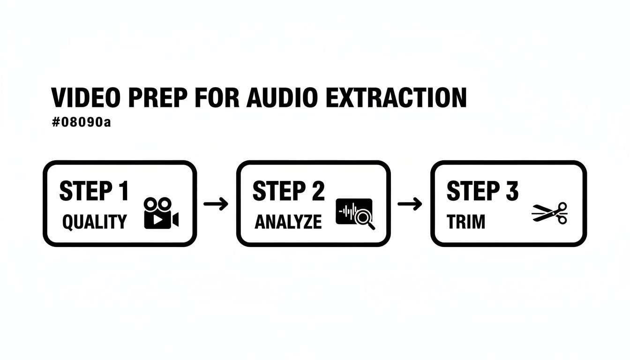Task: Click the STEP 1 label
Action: click(x=94, y=191)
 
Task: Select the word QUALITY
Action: click(x=94, y=222)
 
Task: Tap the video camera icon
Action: click(x=161, y=213)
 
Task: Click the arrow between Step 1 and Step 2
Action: click(x=216, y=204)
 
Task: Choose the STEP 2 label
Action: click(x=288, y=191)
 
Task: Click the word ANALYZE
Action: click(x=288, y=222)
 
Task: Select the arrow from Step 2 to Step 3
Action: click(x=410, y=204)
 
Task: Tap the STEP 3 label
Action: click(x=482, y=191)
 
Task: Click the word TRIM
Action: click(x=465, y=222)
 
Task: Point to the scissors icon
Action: click(x=549, y=213)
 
